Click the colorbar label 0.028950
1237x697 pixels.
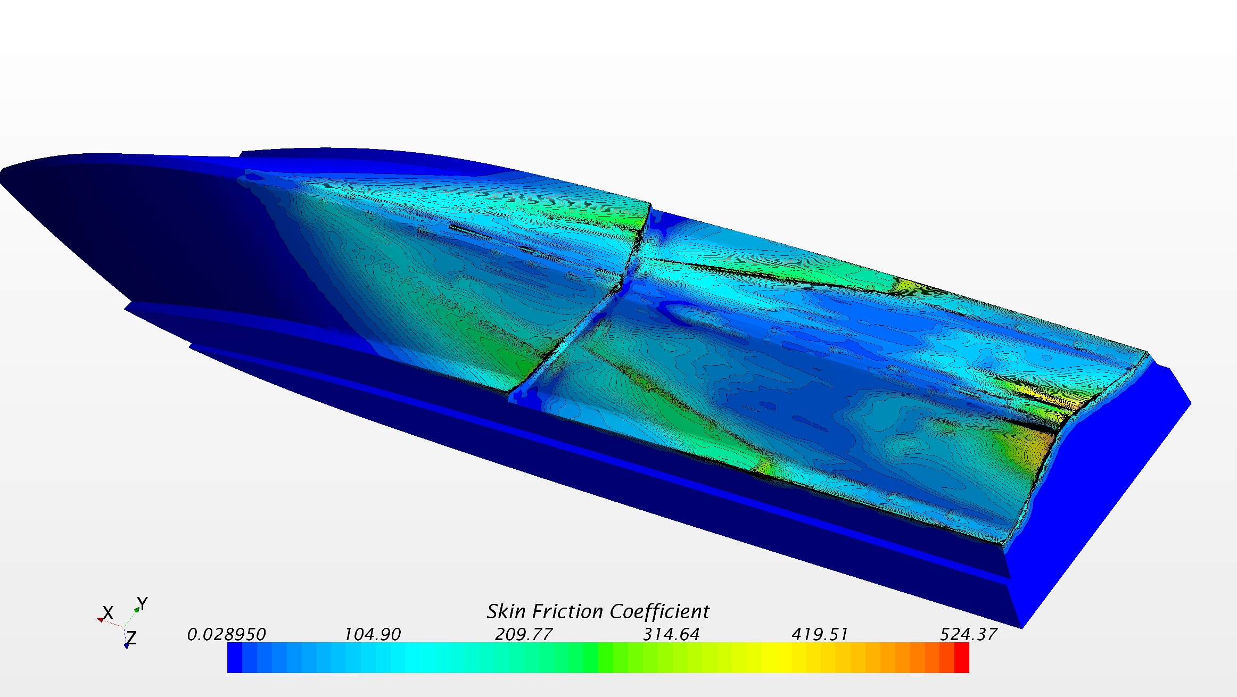[226, 634]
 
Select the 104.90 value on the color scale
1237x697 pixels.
[372, 634]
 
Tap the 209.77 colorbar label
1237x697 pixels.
[524, 634]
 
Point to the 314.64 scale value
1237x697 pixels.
[671, 634]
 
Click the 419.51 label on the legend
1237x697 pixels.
[820, 634]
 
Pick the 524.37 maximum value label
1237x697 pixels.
[968, 634]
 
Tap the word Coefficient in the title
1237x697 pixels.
[659, 611]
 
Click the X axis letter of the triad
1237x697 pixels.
[108, 613]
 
